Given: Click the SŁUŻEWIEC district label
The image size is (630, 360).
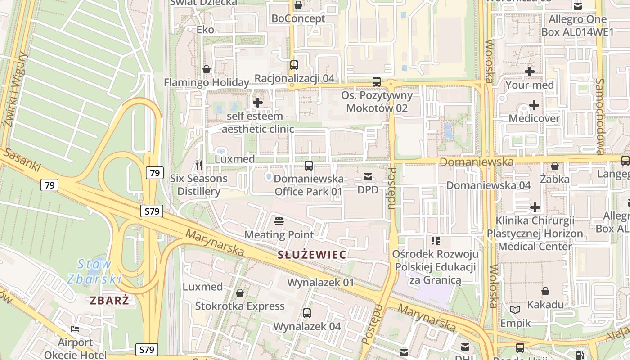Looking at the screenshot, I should point(312,255).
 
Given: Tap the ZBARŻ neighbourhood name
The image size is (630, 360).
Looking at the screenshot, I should point(109,301).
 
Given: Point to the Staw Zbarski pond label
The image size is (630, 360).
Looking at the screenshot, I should point(94,271).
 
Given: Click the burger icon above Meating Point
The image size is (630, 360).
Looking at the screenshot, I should point(279,221).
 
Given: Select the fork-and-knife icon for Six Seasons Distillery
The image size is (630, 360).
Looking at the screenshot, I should point(199,165).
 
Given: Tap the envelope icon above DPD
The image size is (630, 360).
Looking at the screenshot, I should point(368,177).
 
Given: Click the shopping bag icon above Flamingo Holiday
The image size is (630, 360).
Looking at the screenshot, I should point(207,69).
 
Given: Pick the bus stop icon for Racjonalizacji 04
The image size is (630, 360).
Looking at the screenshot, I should point(294,65).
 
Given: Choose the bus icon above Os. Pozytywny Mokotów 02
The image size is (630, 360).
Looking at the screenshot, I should point(377,82).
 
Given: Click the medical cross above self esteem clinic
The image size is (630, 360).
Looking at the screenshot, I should point(258,103).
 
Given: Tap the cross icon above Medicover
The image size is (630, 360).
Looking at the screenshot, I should point(534,105).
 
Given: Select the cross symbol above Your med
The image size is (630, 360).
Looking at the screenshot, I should point(530,71).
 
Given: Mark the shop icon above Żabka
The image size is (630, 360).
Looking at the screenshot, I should point(555,166).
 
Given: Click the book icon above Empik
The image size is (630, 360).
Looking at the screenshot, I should point(515,310).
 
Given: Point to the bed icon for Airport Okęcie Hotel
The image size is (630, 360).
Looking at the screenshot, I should point(75,329).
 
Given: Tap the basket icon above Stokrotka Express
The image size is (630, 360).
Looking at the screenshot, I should point(240,293).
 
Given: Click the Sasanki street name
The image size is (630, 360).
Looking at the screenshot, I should point(21,160).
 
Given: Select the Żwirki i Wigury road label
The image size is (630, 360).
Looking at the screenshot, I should point(13,95).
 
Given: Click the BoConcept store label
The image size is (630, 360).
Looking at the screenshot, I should point(298,19).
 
